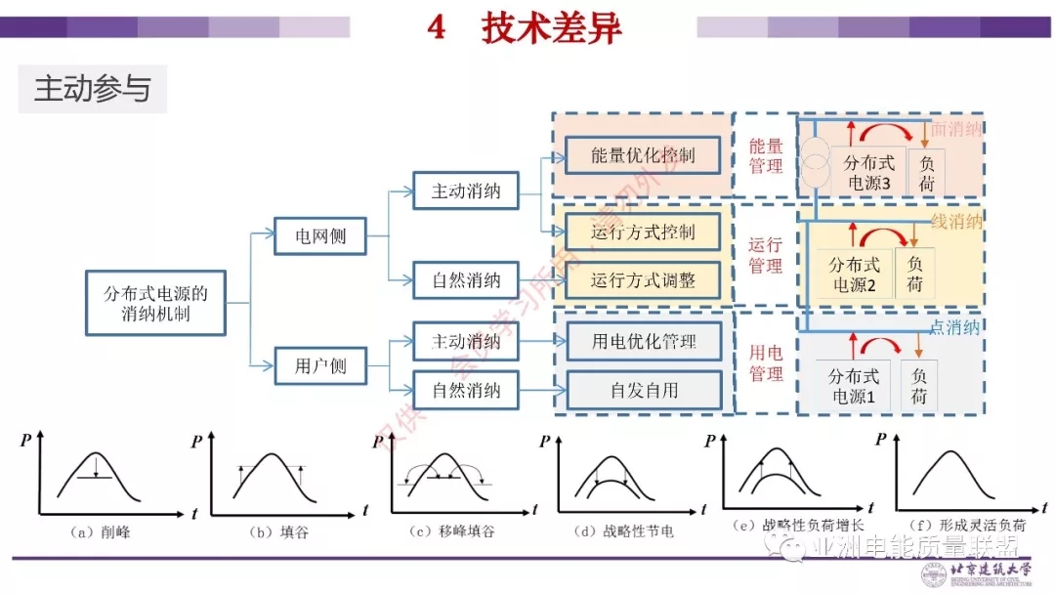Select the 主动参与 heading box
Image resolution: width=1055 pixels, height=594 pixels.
(x=93, y=89)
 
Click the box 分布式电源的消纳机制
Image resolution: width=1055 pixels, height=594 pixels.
(x=156, y=303)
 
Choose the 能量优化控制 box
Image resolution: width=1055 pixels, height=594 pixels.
(x=644, y=155)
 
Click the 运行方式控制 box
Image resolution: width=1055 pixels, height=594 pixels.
(x=644, y=233)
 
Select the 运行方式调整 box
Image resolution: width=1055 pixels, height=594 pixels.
(x=644, y=281)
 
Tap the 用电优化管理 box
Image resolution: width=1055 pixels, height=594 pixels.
(x=644, y=342)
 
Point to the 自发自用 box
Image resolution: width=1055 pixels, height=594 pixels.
(x=644, y=391)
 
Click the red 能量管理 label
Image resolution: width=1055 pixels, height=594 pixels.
(x=766, y=156)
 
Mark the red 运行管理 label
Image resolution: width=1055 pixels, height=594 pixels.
(x=766, y=255)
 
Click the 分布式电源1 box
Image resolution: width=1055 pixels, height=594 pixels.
(x=854, y=386)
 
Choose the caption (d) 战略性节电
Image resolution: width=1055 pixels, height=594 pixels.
(x=625, y=532)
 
